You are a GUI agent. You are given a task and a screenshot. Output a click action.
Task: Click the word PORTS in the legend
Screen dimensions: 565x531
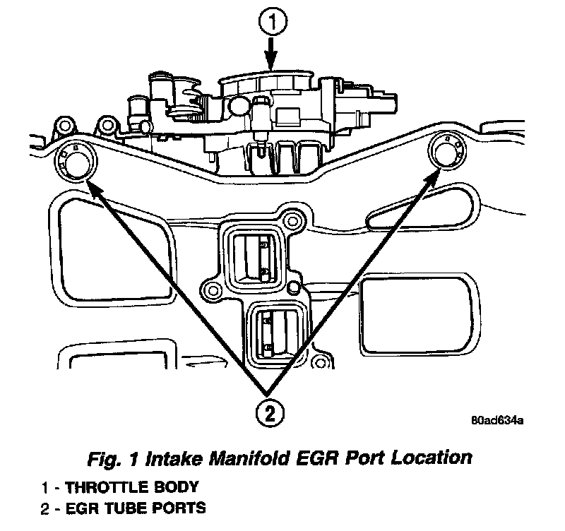[x=182, y=507]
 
